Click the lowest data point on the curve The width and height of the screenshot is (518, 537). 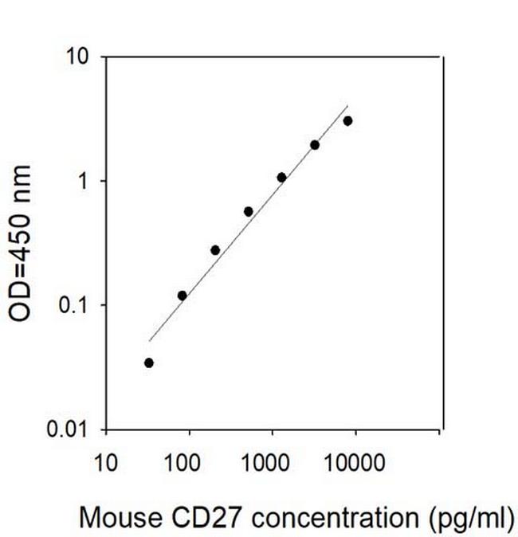[149, 363]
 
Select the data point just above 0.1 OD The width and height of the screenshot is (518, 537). [182, 296]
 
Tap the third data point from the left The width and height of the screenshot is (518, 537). [215, 250]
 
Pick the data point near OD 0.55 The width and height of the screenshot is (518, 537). [249, 211]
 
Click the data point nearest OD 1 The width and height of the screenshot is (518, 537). [281, 177]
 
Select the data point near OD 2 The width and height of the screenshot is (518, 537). [315, 145]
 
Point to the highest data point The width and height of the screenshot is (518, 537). [347, 121]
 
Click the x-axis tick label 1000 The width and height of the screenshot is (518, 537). [271, 461]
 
